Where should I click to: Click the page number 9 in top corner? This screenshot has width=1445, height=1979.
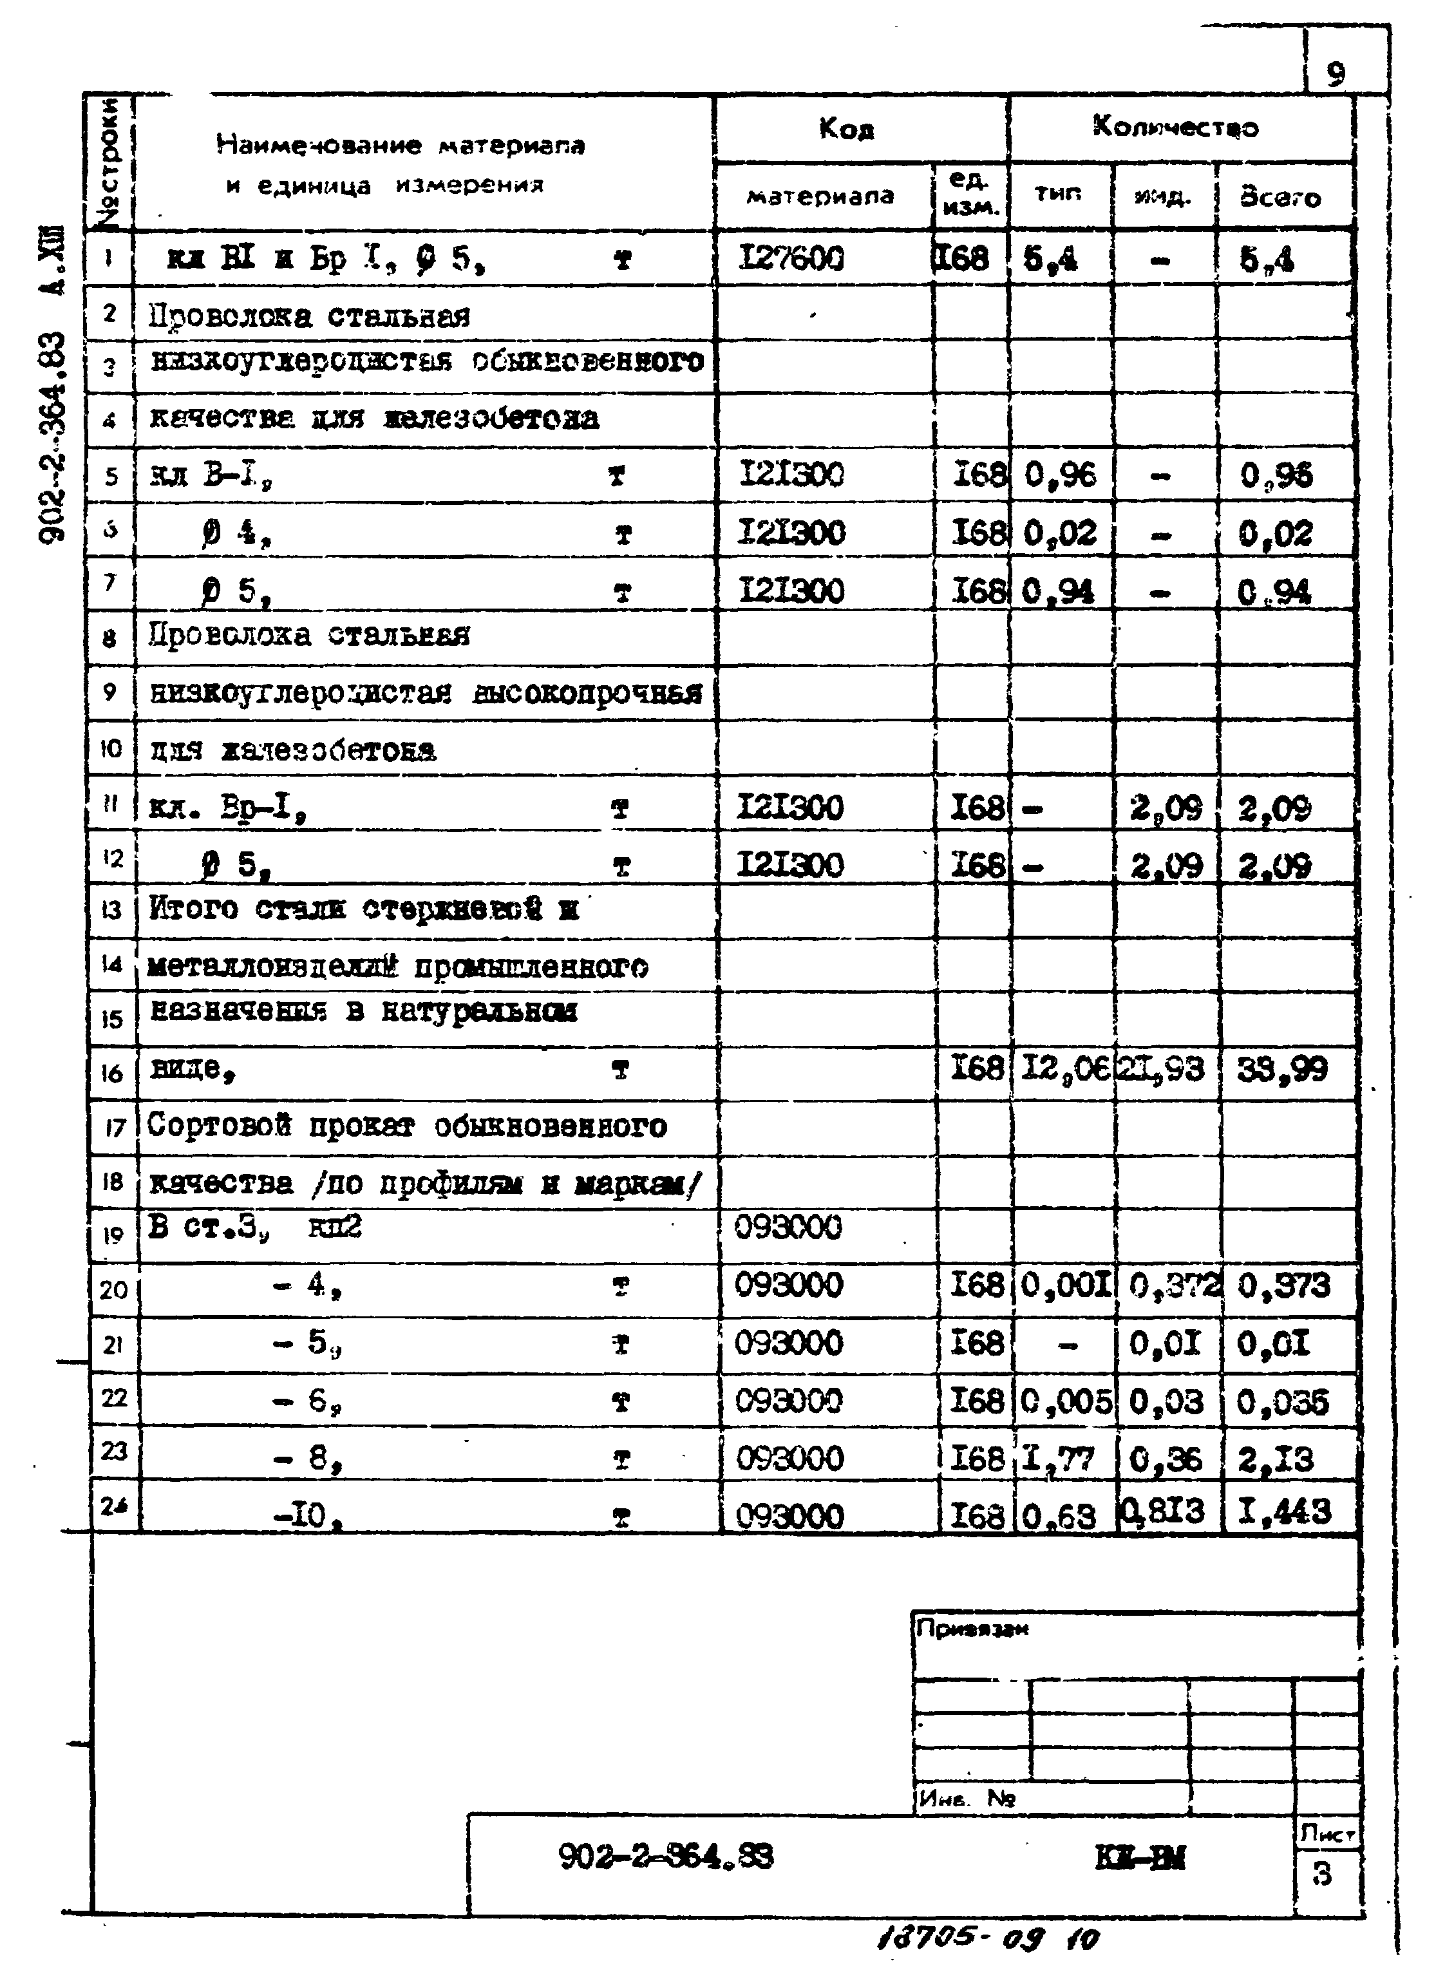coord(1335,74)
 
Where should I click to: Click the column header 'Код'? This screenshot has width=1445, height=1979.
coord(846,129)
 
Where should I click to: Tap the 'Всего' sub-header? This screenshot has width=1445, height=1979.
coord(1280,198)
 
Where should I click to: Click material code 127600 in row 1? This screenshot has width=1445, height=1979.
coord(791,258)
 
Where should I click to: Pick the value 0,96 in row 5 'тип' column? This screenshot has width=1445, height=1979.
coord(1059,475)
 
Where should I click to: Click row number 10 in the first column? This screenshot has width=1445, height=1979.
coord(111,748)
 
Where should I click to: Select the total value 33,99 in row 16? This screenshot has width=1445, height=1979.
coord(1281,1069)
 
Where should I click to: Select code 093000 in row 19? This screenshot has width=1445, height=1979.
coord(788,1227)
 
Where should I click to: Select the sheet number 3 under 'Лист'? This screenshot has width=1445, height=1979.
coord(1321,1874)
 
